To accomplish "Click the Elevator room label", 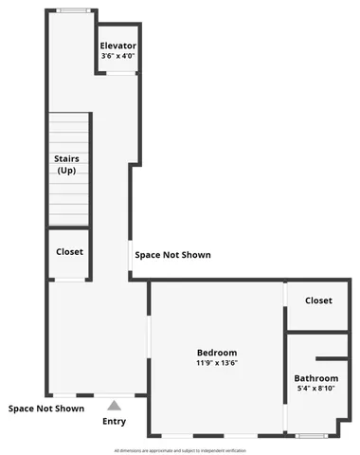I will pyautogui.click(x=118, y=45).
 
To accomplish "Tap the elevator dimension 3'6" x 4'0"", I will pyautogui.click(x=118, y=55).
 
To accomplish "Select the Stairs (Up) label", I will pyautogui.click(x=66, y=164).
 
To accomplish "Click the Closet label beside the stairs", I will pyautogui.click(x=69, y=251).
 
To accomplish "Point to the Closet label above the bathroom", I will pyautogui.click(x=318, y=300).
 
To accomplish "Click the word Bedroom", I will pyautogui.click(x=217, y=352).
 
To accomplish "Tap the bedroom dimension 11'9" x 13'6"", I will pyautogui.click(x=217, y=362).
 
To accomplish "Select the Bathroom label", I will pyautogui.click(x=315, y=378).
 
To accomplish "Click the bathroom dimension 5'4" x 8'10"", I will pyautogui.click(x=315, y=389).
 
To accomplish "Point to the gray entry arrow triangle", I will pyautogui.click(x=114, y=405).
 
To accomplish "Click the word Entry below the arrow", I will pyautogui.click(x=114, y=422).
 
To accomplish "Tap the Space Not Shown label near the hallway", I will pyautogui.click(x=172, y=255).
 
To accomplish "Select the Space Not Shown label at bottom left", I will pyautogui.click(x=46, y=409).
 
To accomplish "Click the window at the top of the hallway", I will pyautogui.click(x=70, y=10).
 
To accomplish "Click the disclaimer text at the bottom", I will pyautogui.click(x=179, y=450).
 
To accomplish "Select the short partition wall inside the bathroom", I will pyautogui.click(x=332, y=358).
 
